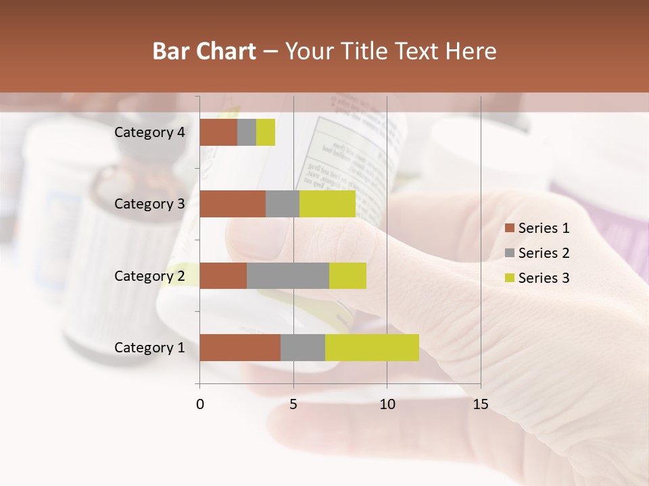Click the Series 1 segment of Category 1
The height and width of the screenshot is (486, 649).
point(240,348)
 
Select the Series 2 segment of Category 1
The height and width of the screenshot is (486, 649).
point(303,348)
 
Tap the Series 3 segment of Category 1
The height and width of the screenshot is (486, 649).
point(372,348)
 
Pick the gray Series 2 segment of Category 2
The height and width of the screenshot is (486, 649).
point(288,275)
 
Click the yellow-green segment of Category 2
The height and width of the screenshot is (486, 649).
point(347,275)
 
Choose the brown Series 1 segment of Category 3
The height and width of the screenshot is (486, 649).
point(233,204)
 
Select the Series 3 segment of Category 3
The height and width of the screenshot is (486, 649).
point(327,204)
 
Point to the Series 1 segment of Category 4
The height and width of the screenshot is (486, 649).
point(218,132)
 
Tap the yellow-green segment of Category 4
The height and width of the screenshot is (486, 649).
point(266,132)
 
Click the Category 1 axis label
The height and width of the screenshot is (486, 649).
point(149,348)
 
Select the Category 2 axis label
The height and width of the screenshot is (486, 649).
point(149,275)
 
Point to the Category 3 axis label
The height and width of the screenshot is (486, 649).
point(149,204)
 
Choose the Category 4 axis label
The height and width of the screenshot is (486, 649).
point(149,132)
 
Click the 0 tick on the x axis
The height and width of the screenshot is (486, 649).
point(200,404)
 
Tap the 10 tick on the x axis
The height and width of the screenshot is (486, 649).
point(387,404)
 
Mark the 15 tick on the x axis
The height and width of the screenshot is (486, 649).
point(481,404)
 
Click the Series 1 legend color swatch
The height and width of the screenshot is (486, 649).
point(509,228)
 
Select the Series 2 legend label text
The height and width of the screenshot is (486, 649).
point(544,253)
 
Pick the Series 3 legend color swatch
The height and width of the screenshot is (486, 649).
point(509,278)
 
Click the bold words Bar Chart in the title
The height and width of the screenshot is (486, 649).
point(204,51)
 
